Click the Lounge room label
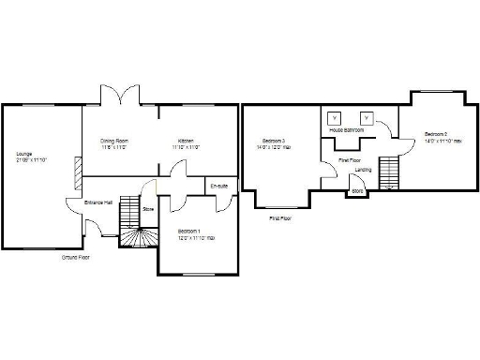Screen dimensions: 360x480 23,153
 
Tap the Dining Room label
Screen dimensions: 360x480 114,141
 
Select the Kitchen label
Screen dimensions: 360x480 185,141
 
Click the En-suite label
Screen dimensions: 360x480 218,185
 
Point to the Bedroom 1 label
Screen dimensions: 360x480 190,231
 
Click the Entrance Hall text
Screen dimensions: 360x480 98,202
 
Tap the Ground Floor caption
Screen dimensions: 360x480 75,256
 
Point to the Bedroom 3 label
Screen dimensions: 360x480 274,141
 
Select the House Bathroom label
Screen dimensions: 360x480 346,130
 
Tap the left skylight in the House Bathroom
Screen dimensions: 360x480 333,118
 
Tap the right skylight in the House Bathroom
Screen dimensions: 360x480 367,118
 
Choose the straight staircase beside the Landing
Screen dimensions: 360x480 392,172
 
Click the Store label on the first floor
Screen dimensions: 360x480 355,191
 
